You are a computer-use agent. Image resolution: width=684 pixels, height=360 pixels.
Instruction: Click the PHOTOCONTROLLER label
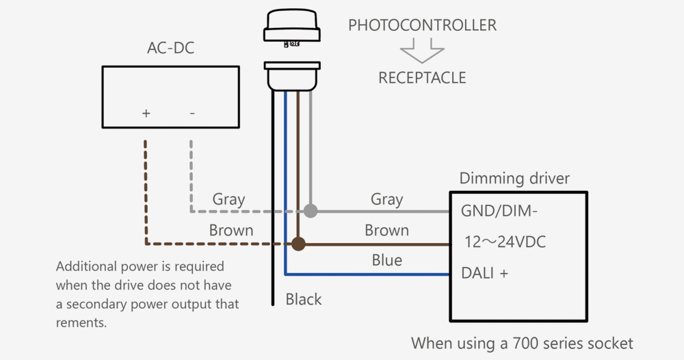(x=422, y=25)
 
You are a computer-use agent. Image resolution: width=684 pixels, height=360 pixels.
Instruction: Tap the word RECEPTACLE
(x=422, y=78)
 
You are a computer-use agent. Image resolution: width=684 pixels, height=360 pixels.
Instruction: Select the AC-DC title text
(x=170, y=49)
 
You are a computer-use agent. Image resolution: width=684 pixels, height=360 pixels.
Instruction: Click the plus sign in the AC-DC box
(x=146, y=113)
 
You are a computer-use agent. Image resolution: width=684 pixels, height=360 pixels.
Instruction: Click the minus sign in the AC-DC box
(x=192, y=113)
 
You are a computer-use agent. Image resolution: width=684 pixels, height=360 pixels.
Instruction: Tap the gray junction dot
(x=311, y=211)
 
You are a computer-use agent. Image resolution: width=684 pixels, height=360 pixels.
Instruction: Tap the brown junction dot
(x=298, y=243)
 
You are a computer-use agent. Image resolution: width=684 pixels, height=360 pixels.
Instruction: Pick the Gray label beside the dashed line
(x=228, y=199)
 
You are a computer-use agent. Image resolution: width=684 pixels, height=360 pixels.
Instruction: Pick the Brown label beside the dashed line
(x=231, y=231)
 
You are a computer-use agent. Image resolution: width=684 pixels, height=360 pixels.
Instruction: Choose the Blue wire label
(x=386, y=261)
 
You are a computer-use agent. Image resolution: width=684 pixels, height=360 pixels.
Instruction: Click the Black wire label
(x=304, y=299)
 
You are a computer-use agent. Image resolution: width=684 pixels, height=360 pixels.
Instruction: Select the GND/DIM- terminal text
(x=499, y=211)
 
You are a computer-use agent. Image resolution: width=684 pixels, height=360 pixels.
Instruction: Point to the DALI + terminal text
(x=485, y=273)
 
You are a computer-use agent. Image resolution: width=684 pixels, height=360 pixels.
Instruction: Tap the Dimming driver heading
(x=514, y=179)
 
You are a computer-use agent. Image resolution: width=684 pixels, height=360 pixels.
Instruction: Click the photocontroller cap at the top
(x=292, y=27)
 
